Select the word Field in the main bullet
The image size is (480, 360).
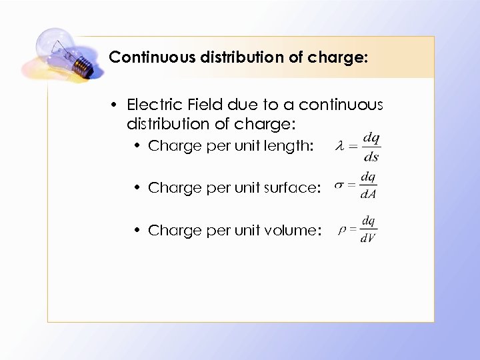point(201,105)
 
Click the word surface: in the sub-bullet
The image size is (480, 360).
point(291,188)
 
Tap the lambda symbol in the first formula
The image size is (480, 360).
point(339,146)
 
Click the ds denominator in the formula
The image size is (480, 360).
point(371,157)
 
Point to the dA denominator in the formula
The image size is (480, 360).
point(368,195)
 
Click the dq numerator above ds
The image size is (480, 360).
point(371,138)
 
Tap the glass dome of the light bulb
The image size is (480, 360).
point(53,45)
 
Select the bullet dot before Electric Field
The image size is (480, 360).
point(115,105)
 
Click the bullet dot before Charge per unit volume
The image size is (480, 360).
point(137,231)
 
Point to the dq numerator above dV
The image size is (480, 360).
point(368,220)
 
